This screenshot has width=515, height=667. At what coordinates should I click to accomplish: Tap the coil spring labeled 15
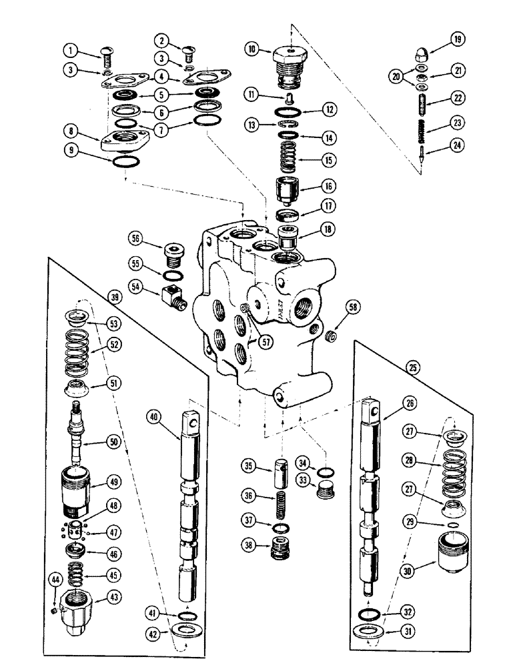287,160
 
